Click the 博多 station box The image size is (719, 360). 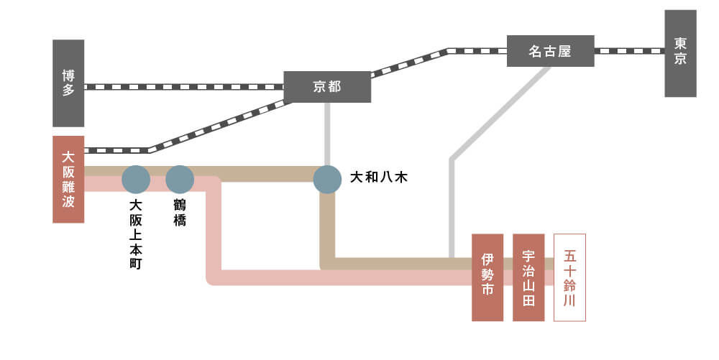click(68, 83)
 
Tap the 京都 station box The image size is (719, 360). click(327, 87)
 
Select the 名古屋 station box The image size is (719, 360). click(550, 51)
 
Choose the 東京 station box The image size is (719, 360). click(680, 53)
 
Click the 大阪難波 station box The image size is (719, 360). click(68, 179)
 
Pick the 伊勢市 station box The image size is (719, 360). click(487, 277)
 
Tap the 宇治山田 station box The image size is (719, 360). click(528, 277)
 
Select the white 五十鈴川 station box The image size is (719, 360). click(570, 277)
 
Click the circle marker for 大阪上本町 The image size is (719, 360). click(136, 180)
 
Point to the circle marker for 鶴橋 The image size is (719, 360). click(180, 180)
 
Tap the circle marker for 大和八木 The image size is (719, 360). click(327, 180)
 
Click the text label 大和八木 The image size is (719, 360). click(378, 176)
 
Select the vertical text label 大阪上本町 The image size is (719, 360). click(136, 234)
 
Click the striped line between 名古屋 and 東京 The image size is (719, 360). click(629, 51)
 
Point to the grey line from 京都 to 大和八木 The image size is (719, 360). click(327, 133)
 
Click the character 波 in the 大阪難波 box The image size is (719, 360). click(68, 202)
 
